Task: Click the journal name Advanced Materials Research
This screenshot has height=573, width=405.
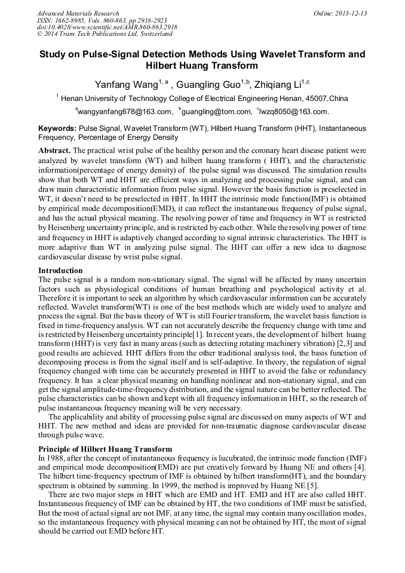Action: (78, 13)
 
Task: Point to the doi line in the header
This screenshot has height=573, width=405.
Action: (107, 27)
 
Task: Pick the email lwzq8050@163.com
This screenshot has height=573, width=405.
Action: (294, 112)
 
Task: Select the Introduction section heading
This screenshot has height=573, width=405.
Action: (60, 271)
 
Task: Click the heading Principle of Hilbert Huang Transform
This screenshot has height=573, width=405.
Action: (105, 449)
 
